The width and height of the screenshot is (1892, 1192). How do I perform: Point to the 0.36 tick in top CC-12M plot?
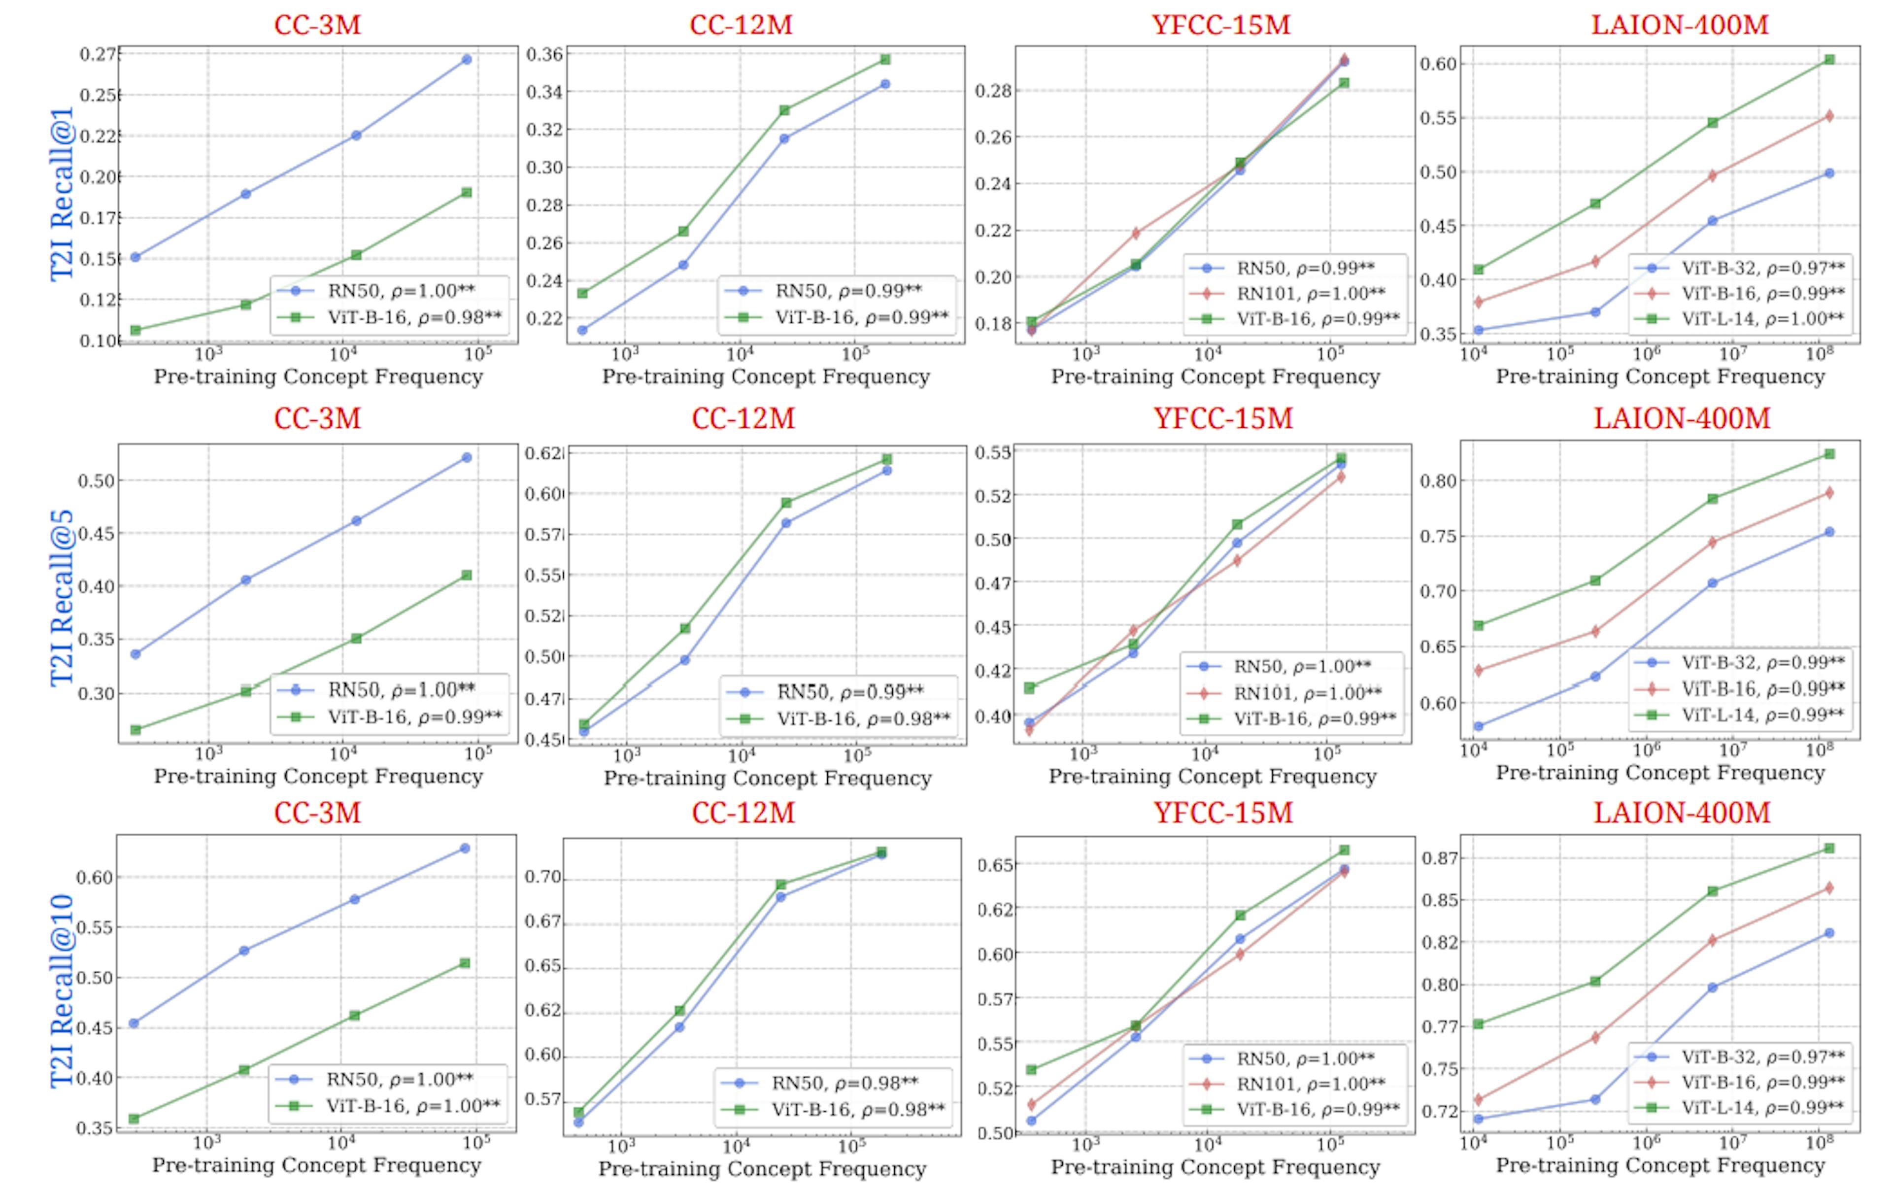(x=544, y=54)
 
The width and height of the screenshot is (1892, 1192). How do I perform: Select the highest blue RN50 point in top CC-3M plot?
(x=467, y=59)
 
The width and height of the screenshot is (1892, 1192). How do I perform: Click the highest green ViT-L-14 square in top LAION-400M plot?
(x=1829, y=60)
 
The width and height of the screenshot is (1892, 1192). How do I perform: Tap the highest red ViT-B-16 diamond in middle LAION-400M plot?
(x=1829, y=493)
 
